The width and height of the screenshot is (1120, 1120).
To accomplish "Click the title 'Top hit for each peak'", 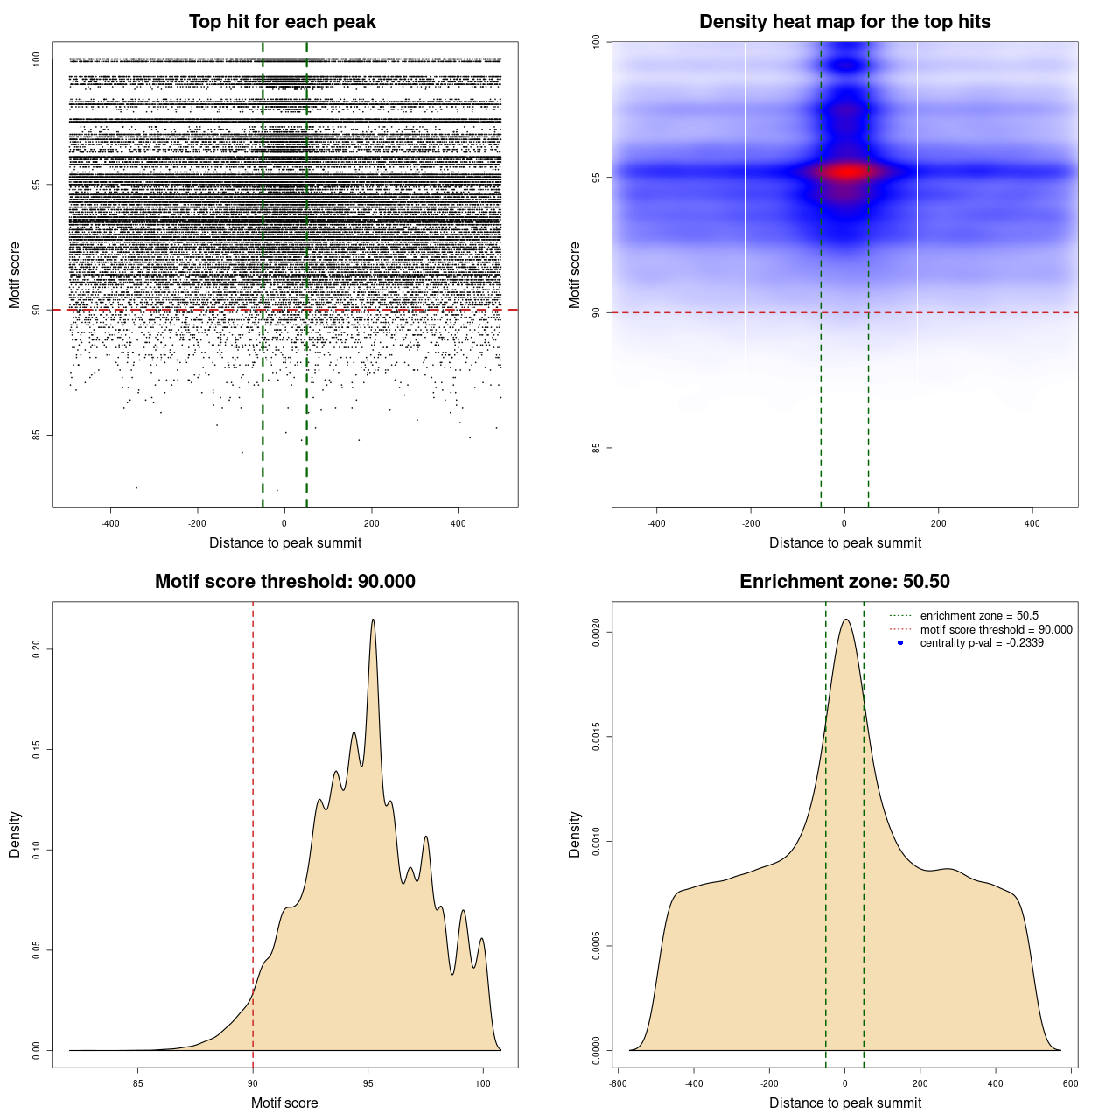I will pyautogui.click(x=283, y=22).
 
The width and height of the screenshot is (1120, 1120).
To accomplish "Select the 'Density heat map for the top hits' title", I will pyautogui.click(x=844, y=22).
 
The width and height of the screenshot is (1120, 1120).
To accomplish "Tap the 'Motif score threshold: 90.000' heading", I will pyautogui.click(x=284, y=582).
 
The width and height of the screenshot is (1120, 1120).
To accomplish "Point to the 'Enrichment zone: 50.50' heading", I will pyautogui.click(x=844, y=582).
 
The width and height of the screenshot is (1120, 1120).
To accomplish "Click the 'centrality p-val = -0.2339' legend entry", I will pyautogui.click(x=981, y=643).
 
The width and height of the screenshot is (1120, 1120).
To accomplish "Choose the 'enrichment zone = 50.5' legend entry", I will pyautogui.click(x=978, y=616).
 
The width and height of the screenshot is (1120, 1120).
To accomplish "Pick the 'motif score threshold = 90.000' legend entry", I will pyautogui.click(x=996, y=630).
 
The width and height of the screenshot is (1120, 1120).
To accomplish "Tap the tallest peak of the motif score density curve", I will pyautogui.click(x=373, y=619).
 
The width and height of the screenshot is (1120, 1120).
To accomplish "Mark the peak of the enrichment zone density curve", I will pyautogui.click(x=845, y=619).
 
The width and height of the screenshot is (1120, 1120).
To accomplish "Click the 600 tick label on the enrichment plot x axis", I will pyautogui.click(x=1070, y=1083).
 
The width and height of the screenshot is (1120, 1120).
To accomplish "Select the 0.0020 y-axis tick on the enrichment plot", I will pyautogui.click(x=597, y=632).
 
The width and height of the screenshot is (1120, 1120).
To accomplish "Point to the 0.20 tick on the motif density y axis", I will pyautogui.click(x=37, y=648).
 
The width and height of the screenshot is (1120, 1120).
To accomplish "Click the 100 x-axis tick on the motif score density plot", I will pyautogui.click(x=483, y=1083).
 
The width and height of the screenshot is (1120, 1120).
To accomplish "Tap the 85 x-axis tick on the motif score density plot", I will pyautogui.click(x=137, y=1083).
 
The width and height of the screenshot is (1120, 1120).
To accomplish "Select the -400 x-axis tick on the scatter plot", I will pyautogui.click(x=110, y=523).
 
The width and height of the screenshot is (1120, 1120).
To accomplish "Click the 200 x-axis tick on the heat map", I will pyautogui.click(x=938, y=523).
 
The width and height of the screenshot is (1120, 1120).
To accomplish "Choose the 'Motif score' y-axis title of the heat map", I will pyautogui.click(x=575, y=275).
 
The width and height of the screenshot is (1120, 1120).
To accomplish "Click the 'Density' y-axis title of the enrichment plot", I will pyautogui.click(x=575, y=834).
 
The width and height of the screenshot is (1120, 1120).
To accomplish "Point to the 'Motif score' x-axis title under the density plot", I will pyautogui.click(x=284, y=1102).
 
